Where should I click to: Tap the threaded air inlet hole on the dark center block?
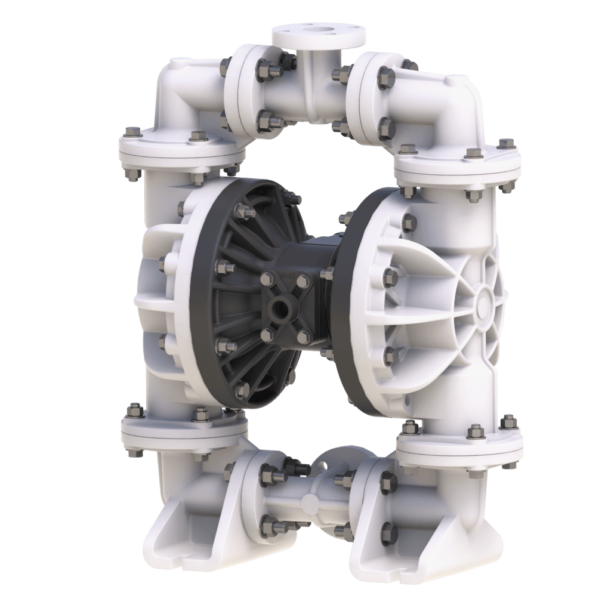[279, 308]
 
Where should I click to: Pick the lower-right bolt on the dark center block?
[303, 335]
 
